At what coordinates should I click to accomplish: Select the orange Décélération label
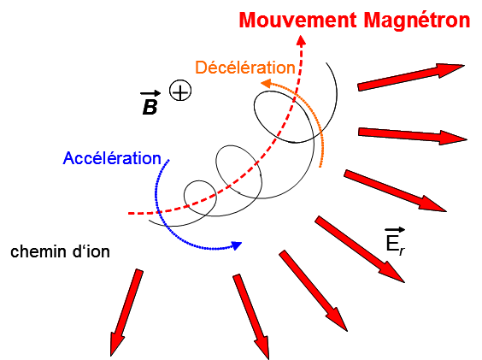pyautogui.click(x=244, y=67)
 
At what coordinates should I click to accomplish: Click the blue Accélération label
pyautogui.click(x=112, y=158)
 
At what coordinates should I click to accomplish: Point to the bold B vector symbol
pyautogui.click(x=149, y=108)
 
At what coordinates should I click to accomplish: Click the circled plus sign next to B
pyautogui.click(x=179, y=90)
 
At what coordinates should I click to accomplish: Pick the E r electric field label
pyautogui.click(x=395, y=242)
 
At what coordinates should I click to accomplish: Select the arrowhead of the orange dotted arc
pyautogui.click(x=266, y=83)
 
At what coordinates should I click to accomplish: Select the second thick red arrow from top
pyautogui.click(x=413, y=134)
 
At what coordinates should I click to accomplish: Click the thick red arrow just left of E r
pyautogui.click(x=359, y=248)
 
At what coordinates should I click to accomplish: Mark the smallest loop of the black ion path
pyautogui.click(x=200, y=193)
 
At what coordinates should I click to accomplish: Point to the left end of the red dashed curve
pyautogui.click(x=130, y=212)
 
